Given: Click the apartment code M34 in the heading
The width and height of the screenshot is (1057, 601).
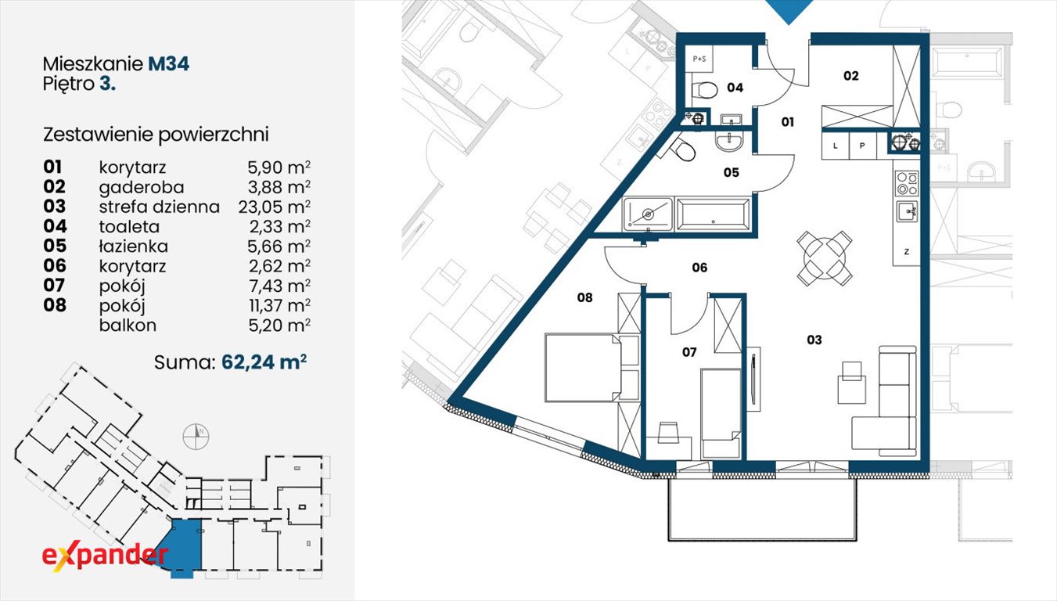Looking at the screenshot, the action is (168, 63).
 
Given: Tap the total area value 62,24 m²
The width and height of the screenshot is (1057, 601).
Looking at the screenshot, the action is (264, 362).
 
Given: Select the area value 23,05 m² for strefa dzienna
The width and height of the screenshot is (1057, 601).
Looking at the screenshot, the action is (274, 207).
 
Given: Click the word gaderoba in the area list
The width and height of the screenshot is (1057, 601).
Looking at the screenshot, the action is (141, 188).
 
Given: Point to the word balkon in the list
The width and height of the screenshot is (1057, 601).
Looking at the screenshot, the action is (128, 326).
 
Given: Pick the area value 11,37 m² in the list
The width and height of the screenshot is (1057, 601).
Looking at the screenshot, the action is (280, 305).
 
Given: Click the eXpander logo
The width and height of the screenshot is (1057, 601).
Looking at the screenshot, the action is (105, 556).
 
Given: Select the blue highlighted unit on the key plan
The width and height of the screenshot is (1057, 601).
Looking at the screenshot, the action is (185, 548).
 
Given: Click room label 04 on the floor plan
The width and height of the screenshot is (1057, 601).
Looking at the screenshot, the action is (735, 88).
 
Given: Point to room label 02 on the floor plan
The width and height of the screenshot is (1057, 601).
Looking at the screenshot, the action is (850, 76).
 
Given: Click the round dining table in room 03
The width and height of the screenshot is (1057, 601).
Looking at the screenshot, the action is (825, 257).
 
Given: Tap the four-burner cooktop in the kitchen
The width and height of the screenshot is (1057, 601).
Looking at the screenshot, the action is (907, 183).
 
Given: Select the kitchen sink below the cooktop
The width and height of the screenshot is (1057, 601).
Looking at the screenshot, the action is (907, 211).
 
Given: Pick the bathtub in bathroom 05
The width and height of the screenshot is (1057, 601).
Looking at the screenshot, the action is (713, 214).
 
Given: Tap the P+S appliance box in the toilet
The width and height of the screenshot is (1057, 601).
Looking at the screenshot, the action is (699, 59).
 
